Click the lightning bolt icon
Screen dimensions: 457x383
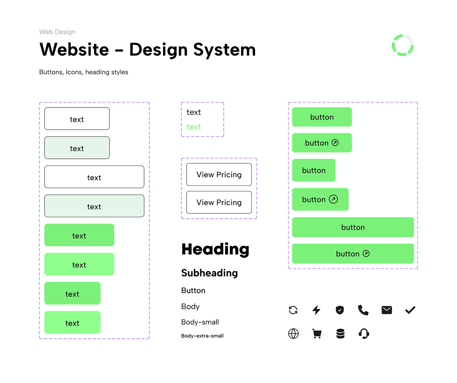[316, 310]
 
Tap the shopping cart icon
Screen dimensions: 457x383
[317, 334]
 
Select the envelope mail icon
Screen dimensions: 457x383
[387, 310]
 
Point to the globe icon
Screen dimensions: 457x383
[293, 334]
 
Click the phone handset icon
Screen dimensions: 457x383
[363, 310]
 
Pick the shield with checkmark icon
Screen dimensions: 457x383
[340, 310]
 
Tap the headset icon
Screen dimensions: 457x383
[364, 334]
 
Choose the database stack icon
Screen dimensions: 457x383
[340, 334]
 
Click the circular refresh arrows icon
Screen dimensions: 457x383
[293, 310]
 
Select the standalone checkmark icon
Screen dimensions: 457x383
[410, 310]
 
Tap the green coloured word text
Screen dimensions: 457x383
[193, 127]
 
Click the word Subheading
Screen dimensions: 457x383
[209, 273]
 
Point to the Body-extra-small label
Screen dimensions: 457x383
[202, 336]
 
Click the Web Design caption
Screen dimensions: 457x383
[57, 32]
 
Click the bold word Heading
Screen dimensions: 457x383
[215, 250]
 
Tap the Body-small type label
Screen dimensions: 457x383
[200, 322]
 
